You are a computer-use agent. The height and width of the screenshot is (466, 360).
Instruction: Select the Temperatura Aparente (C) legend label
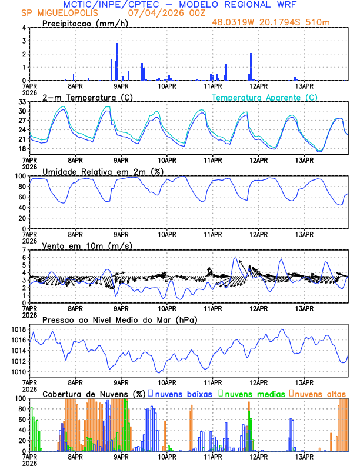[x=264, y=97]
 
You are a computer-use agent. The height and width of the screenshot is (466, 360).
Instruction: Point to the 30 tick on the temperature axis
[x=22, y=111]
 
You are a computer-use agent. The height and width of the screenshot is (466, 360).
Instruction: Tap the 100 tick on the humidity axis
[x=20, y=176]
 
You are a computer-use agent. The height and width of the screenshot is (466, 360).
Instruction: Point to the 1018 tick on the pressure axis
[x=18, y=329]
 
